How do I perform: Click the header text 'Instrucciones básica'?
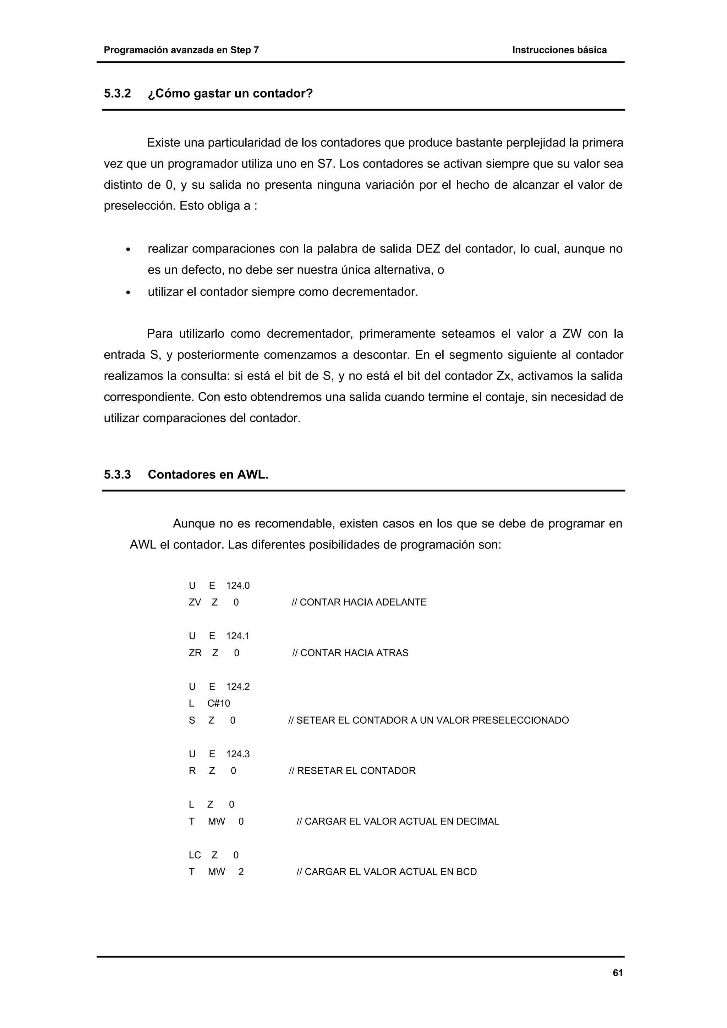pos(559,50)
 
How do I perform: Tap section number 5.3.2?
pos(117,94)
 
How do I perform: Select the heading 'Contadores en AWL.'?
pos(208,475)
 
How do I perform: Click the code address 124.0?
pos(238,586)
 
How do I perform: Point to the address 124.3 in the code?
pos(238,754)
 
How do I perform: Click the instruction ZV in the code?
pos(195,602)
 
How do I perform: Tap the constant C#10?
pos(219,703)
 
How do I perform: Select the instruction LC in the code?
pos(195,855)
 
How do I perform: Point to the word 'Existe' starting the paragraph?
pos(164,143)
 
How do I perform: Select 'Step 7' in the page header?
pos(245,50)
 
